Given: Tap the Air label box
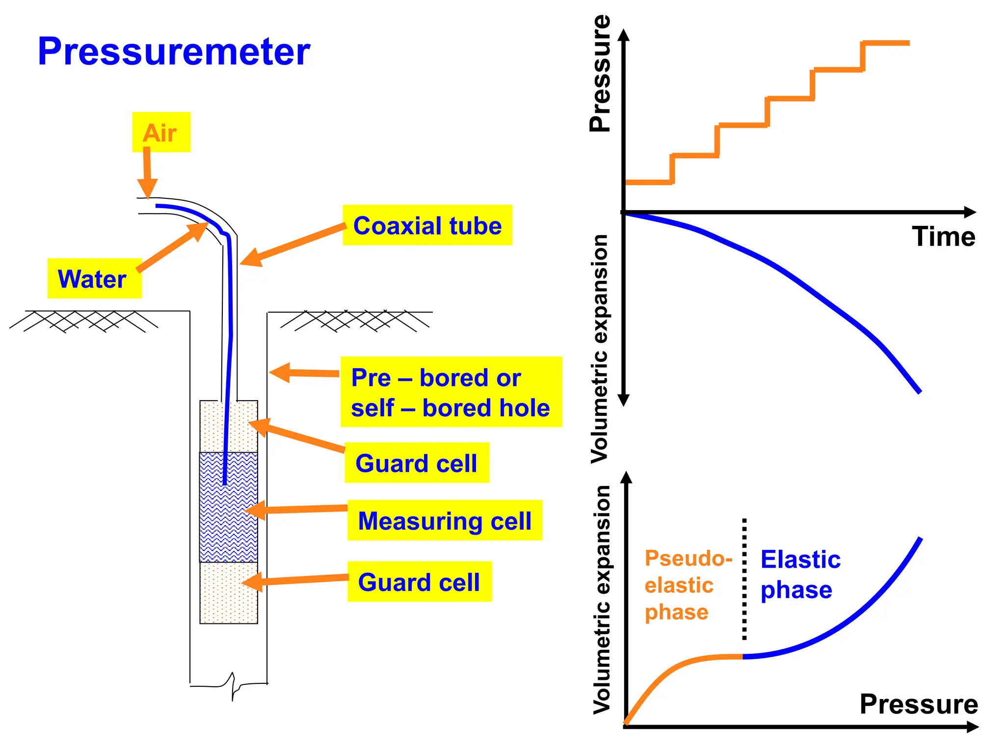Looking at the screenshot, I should pyautogui.click(x=161, y=132).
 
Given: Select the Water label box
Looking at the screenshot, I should pyautogui.click(x=94, y=278).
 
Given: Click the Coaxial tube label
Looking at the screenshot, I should pyautogui.click(x=427, y=225).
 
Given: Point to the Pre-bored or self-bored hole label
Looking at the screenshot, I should pyautogui.click(x=450, y=392).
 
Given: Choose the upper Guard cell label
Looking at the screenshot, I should pyautogui.click(x=417, y=463).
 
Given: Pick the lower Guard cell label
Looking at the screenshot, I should pyautogui.click(x=419, y=582).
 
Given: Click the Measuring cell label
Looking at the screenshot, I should pyautogui.click(x=445, y=520).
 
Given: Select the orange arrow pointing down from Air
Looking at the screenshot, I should pyautogui.click(x=147, y=172).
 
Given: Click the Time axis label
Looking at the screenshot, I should pyautogui.click(x=943, y=237).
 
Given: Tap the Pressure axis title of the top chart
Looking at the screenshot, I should pyautogui.click(x=600, y=74).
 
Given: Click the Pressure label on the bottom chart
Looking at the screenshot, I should pyautogui.click(x=919, y=704).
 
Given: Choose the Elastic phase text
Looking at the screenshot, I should pyautogui.click(x=800, y=574).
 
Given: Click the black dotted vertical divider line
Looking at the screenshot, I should pyautogui.click(x=744, y=579).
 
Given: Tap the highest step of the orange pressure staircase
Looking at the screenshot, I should pyautogui.click(x=886, y=43).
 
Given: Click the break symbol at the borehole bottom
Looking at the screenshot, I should pyautogui.click(x=233, y=685).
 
